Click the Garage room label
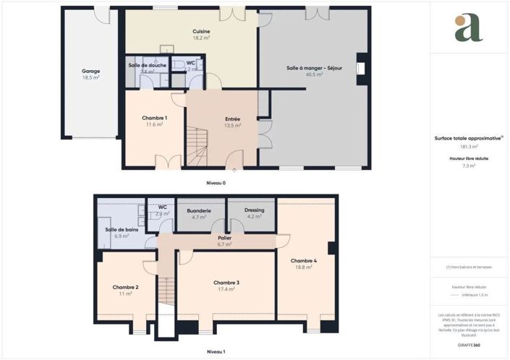pos(90,71)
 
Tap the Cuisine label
pos(201,31)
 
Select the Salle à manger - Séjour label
pos(314,68)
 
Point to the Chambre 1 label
pos(154,118)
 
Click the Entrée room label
pos(232,119)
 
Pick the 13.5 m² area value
pos(232,126)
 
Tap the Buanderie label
pos(200,210)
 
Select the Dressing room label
pos(254,210)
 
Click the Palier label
pos(224,237)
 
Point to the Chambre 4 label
pos(303,260)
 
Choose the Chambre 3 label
pos(226,282)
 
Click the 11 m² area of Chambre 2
pos(125,294)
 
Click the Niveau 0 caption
pos(216,183)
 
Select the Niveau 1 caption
pos(216,351)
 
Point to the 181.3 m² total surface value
pos(469,147)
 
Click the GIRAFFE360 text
pos(468,346)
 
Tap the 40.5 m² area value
pos(314,74)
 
